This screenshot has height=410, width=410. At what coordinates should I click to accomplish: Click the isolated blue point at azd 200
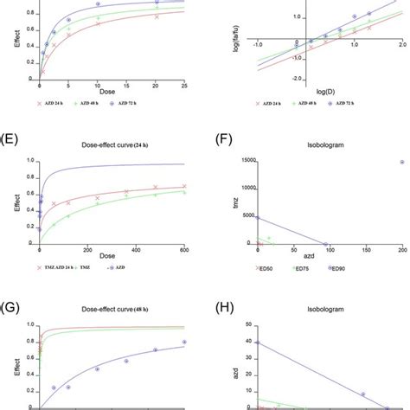[401, 162]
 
